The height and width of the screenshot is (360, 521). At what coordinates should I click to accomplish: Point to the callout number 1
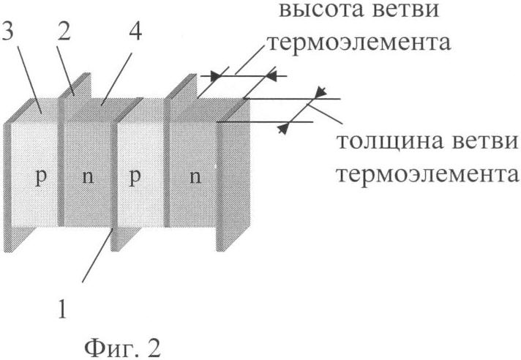[x=63, y=309]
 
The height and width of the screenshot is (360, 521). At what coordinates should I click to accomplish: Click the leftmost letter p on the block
[x=41, y=177]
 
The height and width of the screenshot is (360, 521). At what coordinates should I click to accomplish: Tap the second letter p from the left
[x=135, y=177]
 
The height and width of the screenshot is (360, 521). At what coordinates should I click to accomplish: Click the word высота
[x=321, y=10]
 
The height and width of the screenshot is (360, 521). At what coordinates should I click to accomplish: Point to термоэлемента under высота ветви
[x=359, y=42]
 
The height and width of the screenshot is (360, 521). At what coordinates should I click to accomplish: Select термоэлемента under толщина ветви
[x=428, y=174]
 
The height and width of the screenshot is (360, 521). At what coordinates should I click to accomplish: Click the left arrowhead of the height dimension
[x=217, y=76]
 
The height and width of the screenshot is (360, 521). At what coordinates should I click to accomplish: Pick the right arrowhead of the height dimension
[x=271, y=76]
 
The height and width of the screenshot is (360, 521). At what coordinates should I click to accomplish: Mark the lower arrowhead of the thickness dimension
[x=283, y=128]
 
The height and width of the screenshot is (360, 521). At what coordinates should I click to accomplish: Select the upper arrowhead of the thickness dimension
[x=321, y=92]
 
